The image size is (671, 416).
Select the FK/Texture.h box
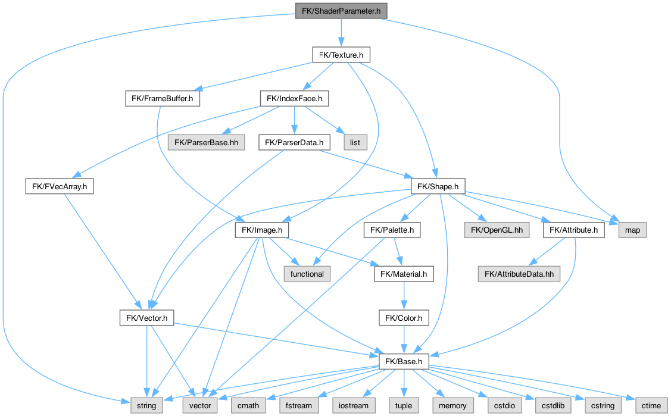pos(341,55)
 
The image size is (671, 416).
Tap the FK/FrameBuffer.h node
pos(163,98)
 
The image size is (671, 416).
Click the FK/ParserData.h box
pos(294,142)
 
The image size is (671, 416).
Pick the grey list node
pos(356,142)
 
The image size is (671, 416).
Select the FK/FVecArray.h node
pos(60,186)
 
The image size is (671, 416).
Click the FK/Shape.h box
pos(438,186)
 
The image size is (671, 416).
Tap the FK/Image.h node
pos(262,230)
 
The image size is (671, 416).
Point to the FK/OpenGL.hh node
pos(496,230)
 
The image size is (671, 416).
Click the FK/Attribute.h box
pos(573,230)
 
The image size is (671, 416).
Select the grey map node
pos(632,230)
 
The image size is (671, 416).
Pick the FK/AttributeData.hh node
pos(519,274)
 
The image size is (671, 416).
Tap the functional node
pos(307,274)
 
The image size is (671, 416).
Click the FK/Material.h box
pos(404,274)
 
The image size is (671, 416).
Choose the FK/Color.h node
pos(404,318)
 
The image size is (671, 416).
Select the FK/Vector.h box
pos(146,318)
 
